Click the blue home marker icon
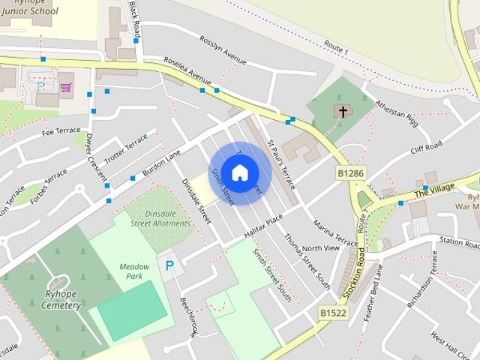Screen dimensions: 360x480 (x=239, y=173)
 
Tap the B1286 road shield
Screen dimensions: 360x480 (x=350, y=173)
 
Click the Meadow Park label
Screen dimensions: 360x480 (x=134, y=271)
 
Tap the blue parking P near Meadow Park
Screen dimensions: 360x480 (x=169, y=265)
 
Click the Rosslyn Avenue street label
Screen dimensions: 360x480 (x=223, y=49)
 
